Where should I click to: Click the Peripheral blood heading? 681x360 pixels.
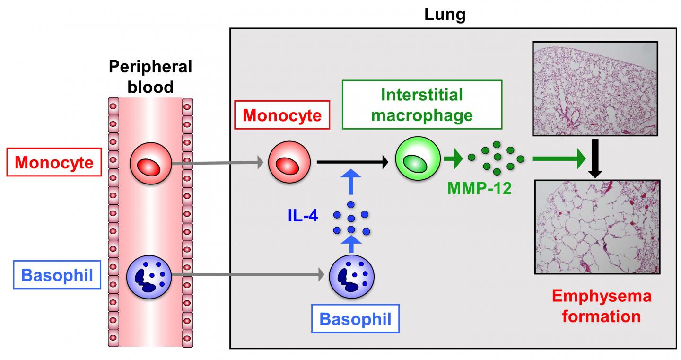(150, 77)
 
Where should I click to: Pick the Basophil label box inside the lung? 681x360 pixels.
(355, 318)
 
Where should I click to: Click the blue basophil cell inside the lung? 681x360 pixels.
(351, 275)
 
